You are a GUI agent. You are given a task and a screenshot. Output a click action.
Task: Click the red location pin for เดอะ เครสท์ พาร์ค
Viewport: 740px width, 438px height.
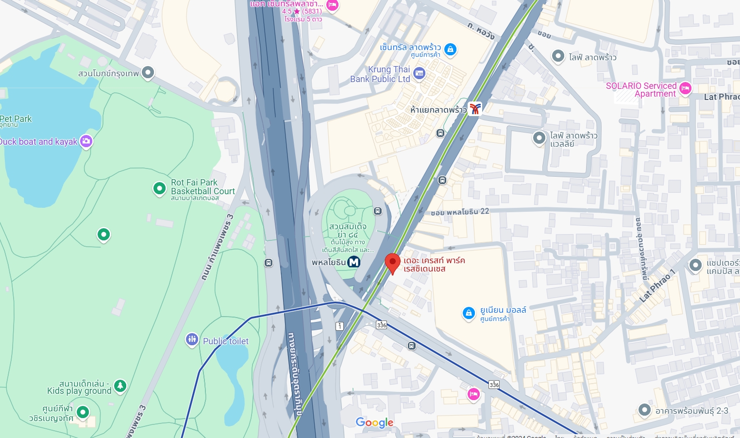[392, 263]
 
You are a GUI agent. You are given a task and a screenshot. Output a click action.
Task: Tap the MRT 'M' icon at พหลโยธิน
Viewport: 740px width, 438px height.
[354, 262]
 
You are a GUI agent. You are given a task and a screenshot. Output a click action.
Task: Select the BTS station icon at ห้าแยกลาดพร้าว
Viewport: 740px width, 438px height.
[475, 108]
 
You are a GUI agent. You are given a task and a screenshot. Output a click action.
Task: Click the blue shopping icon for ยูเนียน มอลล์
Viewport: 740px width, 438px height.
[469, 313]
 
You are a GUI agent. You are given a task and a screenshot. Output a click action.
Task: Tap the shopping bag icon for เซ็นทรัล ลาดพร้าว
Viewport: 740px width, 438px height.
[450, 50]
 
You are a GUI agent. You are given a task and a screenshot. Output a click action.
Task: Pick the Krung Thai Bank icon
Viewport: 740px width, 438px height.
[419, 74]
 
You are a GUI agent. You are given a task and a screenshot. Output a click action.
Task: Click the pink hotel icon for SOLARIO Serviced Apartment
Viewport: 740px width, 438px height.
[685, 88]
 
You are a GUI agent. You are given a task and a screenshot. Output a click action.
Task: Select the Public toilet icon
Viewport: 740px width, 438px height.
[192, 339]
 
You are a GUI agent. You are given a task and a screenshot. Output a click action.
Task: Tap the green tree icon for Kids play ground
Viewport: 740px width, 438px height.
[120, 386]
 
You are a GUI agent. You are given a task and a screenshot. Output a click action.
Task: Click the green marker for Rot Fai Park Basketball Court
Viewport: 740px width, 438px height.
[159, 188]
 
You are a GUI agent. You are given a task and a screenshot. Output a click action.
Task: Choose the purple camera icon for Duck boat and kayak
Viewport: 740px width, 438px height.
[86, 141]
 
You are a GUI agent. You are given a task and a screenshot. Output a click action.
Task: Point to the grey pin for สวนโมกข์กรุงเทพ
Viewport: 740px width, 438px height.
[148, 73]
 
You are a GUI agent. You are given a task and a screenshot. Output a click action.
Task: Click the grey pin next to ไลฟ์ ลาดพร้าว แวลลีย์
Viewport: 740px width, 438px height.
[539, 138]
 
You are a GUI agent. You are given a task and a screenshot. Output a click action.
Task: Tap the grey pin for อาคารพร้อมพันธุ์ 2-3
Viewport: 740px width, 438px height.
[644, 410]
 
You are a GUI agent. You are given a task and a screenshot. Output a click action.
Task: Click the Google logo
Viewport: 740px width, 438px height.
[374, 422]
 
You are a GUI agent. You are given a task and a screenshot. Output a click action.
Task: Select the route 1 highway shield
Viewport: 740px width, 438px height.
[340, 326]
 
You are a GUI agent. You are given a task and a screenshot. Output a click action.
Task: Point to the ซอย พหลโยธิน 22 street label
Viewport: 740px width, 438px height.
[459, 212]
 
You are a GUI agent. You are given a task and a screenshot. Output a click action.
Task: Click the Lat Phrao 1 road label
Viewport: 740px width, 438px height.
[657, 286]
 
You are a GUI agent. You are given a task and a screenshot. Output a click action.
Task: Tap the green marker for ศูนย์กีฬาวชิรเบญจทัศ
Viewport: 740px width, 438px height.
[83, 412]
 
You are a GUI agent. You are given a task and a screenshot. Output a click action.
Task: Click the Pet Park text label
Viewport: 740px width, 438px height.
[16, 119]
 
